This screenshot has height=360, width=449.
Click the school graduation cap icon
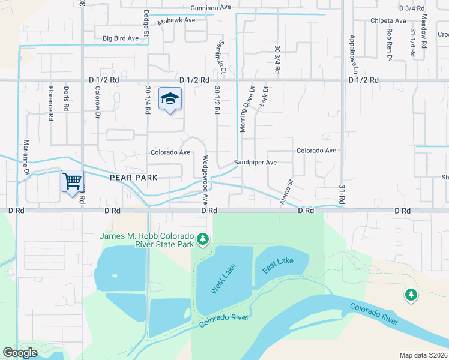pos(170,99)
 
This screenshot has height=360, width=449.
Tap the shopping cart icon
pos(72,181)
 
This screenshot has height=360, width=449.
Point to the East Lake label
pos(277,265)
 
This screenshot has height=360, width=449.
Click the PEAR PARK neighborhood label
pos(133,178)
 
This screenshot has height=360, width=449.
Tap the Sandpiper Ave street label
pos(255,163)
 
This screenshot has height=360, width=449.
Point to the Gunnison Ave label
pos(211,8)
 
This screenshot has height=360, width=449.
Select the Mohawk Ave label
pos(176,20)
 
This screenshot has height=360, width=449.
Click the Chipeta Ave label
pos(388,20)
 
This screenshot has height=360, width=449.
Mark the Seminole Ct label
pos(222,61)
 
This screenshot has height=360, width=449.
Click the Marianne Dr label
pos(26,158)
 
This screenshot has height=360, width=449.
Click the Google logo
pos(20,353)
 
